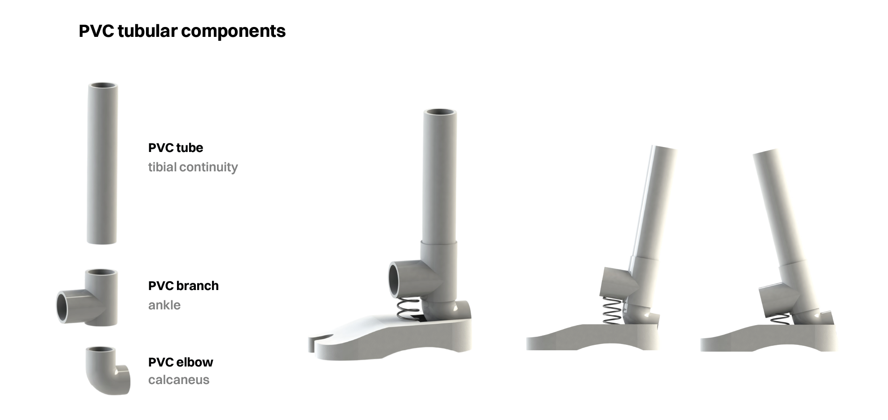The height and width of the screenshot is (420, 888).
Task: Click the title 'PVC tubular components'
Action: pyautogui.click(x=182, y=31)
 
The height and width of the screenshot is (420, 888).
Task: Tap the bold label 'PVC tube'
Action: pyautogui.click(x=176, y=147)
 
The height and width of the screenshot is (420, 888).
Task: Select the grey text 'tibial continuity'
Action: pyautogui.click(x=193, y=167)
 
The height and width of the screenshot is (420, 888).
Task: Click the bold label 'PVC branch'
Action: pyautogui.click(x=183, y=286)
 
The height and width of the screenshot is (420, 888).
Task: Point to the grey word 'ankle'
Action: pyautogui.click(x=164, y=305)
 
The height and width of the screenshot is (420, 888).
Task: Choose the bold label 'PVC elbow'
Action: pyautogui.click(x=181, y=362)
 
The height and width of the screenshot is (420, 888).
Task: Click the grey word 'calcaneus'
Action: pyautogui.click(x=179, y=380)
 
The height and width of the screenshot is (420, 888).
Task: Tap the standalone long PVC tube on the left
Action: pyautogui.click(x=102, y=164)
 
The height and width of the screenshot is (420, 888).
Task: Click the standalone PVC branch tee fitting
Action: pyautogui.click(x=88, y=298)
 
